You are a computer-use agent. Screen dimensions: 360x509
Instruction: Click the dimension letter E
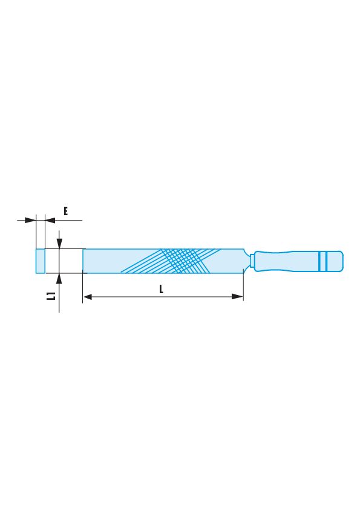(x=65, y=212)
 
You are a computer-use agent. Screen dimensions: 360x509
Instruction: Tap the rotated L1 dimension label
(x=51, y=296)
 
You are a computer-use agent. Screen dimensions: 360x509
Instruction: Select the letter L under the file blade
(x=161, y=289)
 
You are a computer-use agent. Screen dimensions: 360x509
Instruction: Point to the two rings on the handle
(x=322, y=261)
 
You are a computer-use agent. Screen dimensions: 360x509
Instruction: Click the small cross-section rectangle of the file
(x=41, y=261)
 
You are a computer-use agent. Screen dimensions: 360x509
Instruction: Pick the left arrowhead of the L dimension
(x=88, y=296)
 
